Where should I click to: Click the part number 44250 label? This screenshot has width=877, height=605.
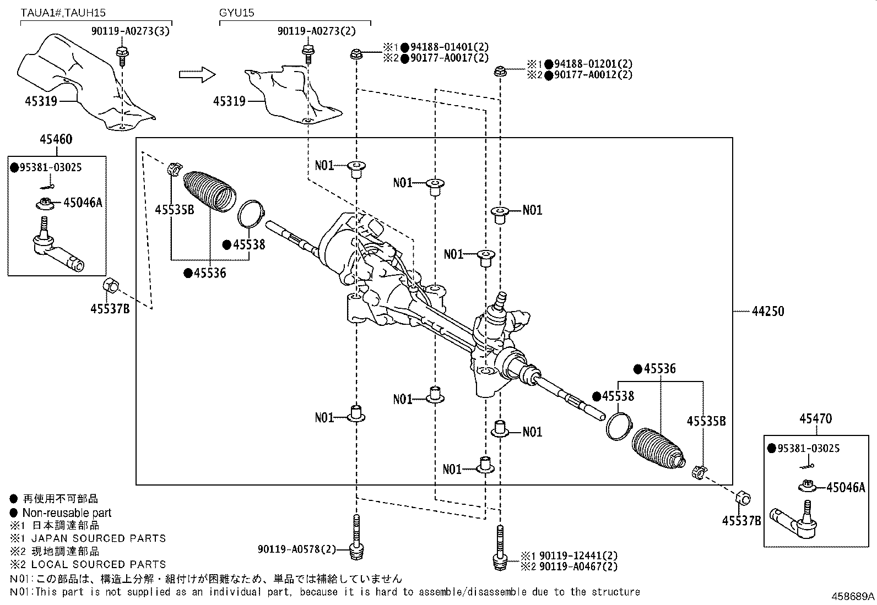pyautogui.click(x=767, y=312)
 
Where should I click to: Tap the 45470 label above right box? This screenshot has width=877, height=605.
pyautogui.click(x=815, y=419)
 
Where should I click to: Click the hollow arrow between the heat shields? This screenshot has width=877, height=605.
pyautogui.click(x=197, y=74)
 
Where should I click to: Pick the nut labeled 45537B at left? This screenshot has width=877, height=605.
pyautogui.click(x=110, y=286)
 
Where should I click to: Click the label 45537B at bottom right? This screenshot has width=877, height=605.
pyautogui.click(x=741, y=521)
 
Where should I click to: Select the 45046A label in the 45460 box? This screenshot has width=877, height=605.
pyautogui.click(x=83, y=203)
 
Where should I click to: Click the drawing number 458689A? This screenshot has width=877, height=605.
pyautogui.click(x=853, y=596)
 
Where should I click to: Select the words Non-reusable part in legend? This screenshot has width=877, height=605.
pyautogui.click(x=67, y=513)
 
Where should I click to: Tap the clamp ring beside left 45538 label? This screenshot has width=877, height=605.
pyautogui.click(x=251, y=214)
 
